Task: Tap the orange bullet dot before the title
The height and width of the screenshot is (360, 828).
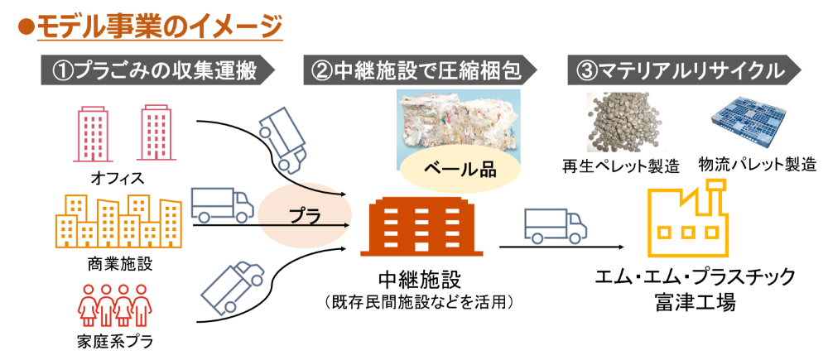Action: [x=24, y=26]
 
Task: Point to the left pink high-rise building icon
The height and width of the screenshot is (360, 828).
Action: [x=92, y=133]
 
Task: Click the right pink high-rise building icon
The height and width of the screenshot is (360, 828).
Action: [x=155, y=133]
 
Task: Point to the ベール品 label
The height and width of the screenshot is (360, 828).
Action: [x=460, y=170]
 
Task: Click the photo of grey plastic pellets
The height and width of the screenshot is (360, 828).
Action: [x=627, y=122]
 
